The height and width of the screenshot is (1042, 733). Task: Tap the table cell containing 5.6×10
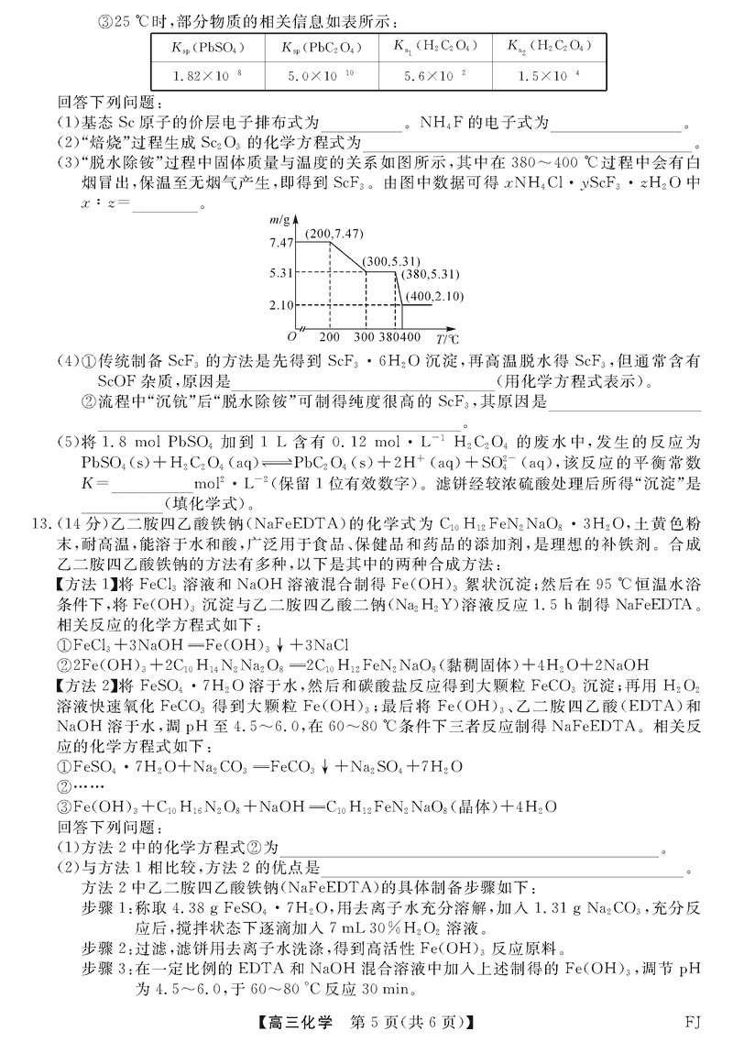coord(435,73)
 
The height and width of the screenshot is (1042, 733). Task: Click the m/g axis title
coord(279,220)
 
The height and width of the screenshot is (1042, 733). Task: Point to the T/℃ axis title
coord(447,338)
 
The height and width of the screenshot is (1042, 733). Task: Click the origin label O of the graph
coord(290,336)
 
